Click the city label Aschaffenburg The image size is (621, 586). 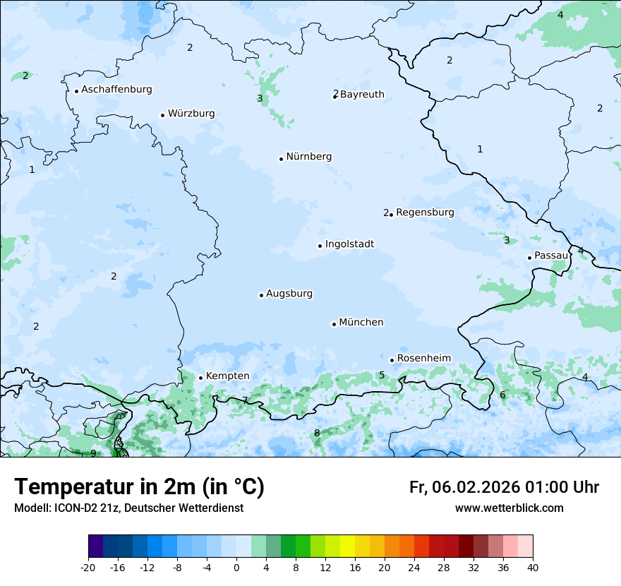116,90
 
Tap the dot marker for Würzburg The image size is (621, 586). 162,115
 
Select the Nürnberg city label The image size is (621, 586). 308,157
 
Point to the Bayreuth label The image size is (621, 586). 362,95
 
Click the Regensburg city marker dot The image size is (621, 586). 391,214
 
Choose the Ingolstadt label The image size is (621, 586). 349,244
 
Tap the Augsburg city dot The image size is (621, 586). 261,295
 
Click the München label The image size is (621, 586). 361,323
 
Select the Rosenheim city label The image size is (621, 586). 423,358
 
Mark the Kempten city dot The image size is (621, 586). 200,378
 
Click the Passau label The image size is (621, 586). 550,256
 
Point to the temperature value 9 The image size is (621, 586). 93,453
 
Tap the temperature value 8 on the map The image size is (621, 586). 317,433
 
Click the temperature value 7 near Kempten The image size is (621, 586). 245,400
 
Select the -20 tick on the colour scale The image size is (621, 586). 88,567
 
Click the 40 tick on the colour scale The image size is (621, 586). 533,567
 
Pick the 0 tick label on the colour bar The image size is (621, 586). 236,567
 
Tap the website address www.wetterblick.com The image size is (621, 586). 509,508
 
